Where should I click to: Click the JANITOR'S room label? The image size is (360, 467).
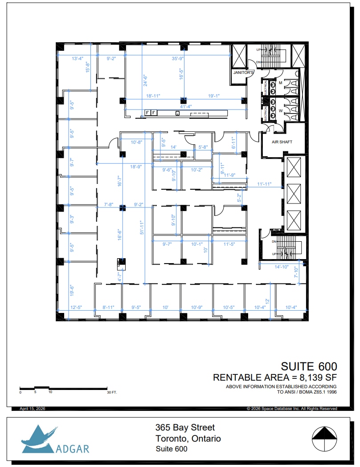[x=244, y=72]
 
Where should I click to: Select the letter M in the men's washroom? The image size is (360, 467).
[x=280, y=83]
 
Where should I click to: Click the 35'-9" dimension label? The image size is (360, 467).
[x=178, y=58]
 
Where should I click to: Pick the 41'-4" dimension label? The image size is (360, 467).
[x=186, y=106]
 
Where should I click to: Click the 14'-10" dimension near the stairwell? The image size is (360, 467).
[x=282, y=267]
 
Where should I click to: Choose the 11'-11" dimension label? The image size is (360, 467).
[x=264, y=184]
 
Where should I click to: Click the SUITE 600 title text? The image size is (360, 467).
[x=308, y=367]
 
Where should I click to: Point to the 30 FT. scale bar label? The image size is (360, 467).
[x=112, y=392]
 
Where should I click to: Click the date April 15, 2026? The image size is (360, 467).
[x=33, y=409]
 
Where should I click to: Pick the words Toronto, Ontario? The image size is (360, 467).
[x=188, y=439]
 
